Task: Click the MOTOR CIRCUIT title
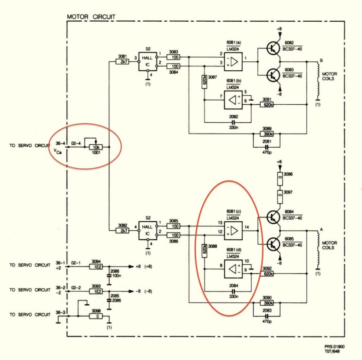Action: coord(91,17)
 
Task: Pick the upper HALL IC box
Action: coord(147,61)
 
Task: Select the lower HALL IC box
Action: coord(147,231)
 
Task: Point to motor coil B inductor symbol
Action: coord(317,81)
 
